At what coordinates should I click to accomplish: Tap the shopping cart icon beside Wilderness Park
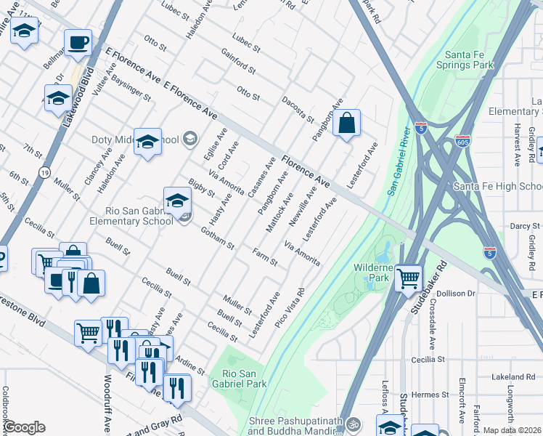click(x=409, y=277)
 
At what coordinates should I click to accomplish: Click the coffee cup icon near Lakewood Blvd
click(x=78, y=42)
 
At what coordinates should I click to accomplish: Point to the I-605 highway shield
click(x=462, y=141)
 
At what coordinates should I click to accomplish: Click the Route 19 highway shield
click(x=44, y=173)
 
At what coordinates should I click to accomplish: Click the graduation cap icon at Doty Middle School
click(x=147, y=142)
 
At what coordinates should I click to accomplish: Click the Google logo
click(x=24, y=427)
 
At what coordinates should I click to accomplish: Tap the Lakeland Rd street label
click(x=512, y=376)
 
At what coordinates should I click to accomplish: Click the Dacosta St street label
click(x=298, y=109)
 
